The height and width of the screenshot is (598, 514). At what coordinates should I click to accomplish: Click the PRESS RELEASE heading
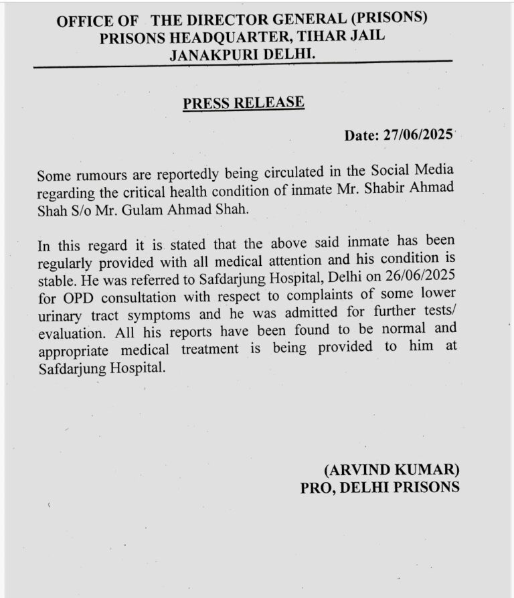click(244, 103)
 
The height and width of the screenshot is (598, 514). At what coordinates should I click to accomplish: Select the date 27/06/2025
click(419, 135)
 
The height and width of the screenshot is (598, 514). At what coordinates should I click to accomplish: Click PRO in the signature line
click(315, 487)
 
